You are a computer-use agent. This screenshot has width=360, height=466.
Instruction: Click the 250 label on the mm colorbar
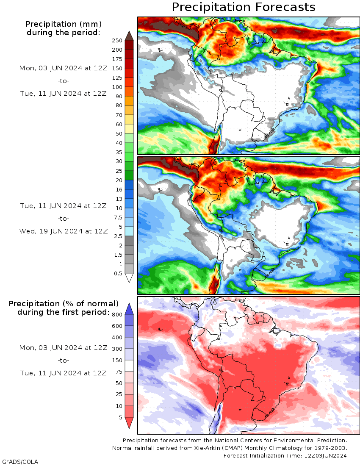point(117,41)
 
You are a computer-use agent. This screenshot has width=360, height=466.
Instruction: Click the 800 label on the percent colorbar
point(117,315)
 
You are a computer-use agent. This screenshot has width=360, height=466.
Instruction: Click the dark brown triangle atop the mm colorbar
point(129,36)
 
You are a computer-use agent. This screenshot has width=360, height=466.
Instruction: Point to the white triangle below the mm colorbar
point(129,278)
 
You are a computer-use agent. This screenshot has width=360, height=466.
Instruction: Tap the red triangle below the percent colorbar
point(129,422)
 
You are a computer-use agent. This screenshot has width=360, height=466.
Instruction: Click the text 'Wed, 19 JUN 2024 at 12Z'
point(64,231)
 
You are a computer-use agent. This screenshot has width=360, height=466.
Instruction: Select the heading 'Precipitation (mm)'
point(64,24)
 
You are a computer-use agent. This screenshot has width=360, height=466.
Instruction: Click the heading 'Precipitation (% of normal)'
point(64,304)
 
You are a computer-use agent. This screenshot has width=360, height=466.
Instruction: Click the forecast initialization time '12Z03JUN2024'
point(326,455)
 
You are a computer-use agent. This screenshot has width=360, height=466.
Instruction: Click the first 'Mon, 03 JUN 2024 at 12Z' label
point(64,68)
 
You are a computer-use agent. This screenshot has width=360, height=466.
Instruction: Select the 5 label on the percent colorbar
point(120,418)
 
